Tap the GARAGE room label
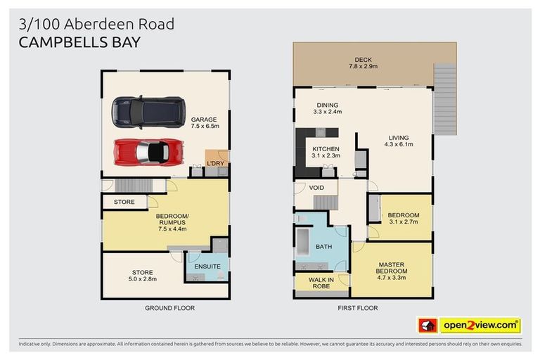(204, 120)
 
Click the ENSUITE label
(207, 266)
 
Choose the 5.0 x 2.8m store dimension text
(142, 280)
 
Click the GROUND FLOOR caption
(169, 308)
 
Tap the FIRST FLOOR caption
(357, 308)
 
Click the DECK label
(363, 60)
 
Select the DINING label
(327, 105)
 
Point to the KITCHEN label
(326, 149)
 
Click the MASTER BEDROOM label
(392, 268)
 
